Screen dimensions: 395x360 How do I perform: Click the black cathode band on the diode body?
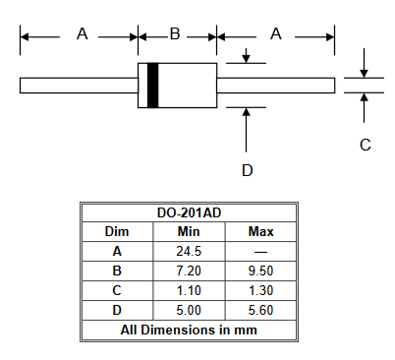[x=152, y=86]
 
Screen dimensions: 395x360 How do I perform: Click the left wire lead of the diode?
[x=79, y=86]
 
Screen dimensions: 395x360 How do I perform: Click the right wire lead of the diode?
[x=276, y=86]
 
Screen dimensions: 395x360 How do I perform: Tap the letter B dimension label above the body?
[x=175, y=33]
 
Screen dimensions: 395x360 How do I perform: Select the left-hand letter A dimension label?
[x=83, y=33]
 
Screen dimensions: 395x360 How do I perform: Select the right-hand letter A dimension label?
[x=276, y=33]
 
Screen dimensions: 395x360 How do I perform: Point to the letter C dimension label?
[x=366, y=145]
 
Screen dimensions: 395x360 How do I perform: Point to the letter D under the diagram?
[x=248, y=170]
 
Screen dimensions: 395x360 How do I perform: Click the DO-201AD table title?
[x=189, y=212]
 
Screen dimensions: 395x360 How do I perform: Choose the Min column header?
[x=189, y=232]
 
